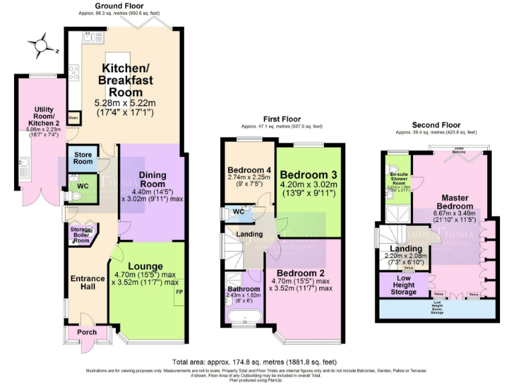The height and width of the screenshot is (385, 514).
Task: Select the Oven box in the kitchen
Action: click(73, 118)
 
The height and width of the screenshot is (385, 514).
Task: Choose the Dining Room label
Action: click(152, 180)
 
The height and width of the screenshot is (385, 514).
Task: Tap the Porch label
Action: click(87, 332)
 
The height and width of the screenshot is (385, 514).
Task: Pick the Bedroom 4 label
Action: click(248, 168)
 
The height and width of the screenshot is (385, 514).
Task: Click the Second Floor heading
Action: click(436, 125)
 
